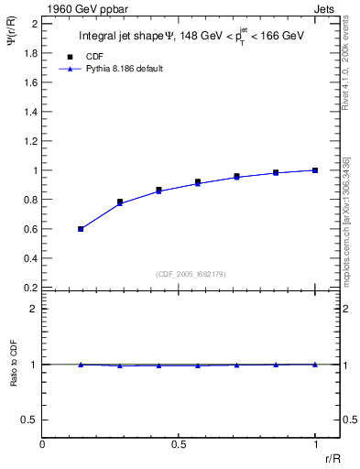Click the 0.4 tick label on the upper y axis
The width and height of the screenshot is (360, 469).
pos(31,258)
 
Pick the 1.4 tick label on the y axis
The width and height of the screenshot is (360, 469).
pos(31,112)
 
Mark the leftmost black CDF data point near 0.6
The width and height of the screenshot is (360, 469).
pos(81,229)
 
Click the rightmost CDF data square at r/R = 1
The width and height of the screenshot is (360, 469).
pos(315,170)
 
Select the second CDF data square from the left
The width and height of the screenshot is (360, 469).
pos(120,202)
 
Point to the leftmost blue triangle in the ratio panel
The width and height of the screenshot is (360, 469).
pos(81,365)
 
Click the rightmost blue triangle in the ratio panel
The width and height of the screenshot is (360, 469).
pos(315,365)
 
